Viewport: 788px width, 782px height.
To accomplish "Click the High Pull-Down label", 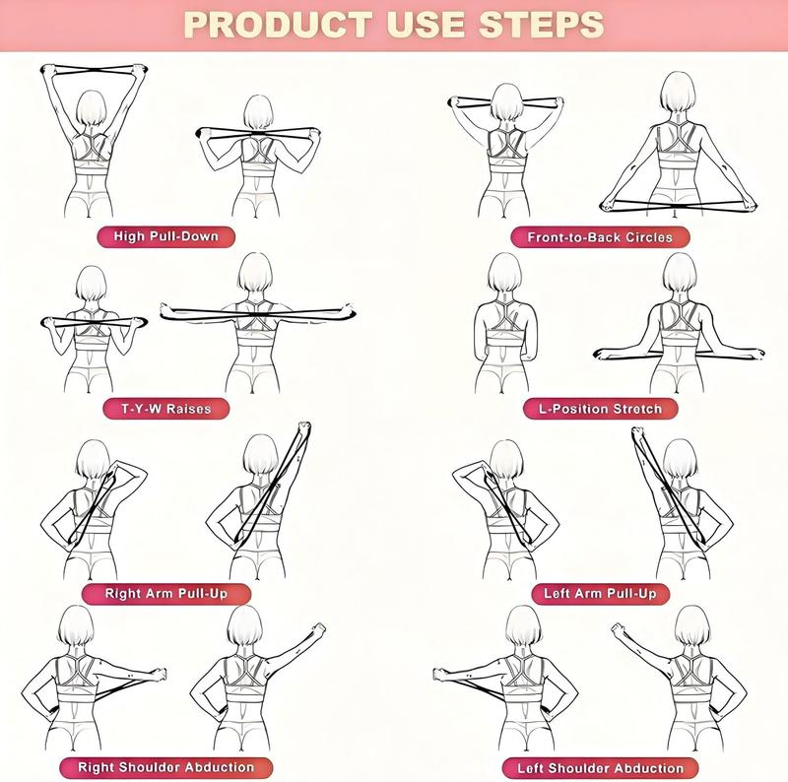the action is point(165,236).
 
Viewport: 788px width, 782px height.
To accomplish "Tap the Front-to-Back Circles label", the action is point(600,237).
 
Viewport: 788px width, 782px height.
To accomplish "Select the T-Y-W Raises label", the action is point(165,409).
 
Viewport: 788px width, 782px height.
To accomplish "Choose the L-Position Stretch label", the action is point(601,409).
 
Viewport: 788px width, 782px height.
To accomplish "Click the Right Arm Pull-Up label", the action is point(166,594).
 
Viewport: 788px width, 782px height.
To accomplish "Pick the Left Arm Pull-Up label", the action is point(601,594).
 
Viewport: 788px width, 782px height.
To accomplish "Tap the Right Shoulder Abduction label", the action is point(165,767).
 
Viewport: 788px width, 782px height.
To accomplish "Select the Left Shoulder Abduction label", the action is point(601,768).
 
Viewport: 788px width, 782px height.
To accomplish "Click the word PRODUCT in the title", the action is point(279,25).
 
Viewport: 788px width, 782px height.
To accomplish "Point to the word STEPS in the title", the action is point(541,25).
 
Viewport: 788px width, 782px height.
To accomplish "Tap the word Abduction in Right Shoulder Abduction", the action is point(219,767).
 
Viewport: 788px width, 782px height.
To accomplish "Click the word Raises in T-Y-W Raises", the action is point(188,409).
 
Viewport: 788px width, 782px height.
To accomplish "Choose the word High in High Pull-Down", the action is point(129,236).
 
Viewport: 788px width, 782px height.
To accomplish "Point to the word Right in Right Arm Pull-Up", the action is point(119,594).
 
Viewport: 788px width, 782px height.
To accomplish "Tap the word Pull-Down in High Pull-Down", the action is point(183,236).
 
